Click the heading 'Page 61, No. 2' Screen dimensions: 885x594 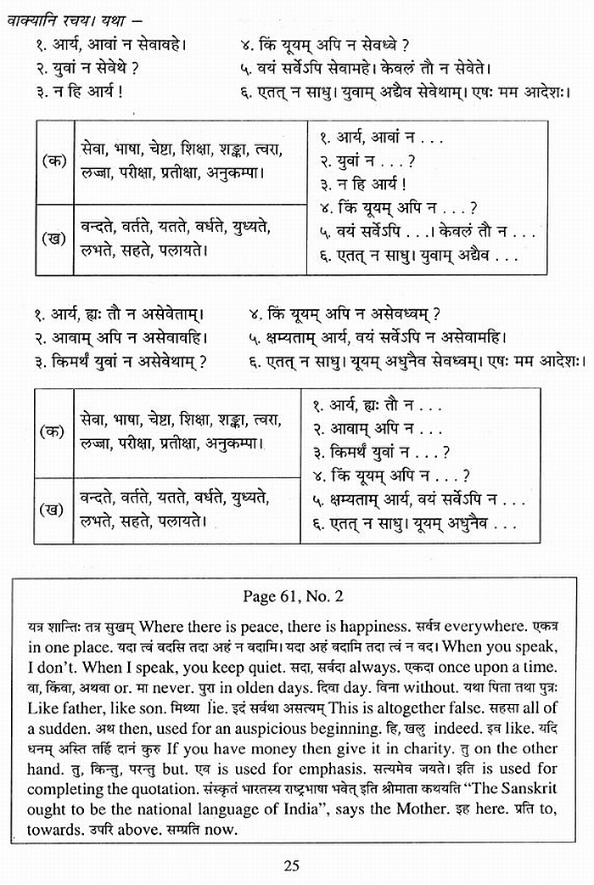tap(294, 597)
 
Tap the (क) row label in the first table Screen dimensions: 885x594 tap(54, 161)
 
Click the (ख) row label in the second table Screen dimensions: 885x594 tap(54, 510)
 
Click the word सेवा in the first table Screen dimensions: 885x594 tap(92, 150)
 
